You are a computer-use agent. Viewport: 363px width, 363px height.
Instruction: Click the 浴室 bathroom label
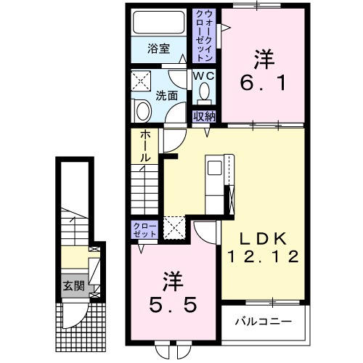[158, 49]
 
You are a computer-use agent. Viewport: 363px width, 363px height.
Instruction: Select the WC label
[203, 75]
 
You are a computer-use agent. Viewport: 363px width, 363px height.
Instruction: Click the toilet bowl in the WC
[204, 91]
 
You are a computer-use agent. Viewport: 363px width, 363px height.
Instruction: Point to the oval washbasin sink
[142, 111]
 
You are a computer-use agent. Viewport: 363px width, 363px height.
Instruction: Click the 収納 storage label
[203, 116]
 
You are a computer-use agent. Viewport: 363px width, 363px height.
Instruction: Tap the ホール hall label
[144, 145]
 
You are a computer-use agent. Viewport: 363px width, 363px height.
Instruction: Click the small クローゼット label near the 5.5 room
[142, 231]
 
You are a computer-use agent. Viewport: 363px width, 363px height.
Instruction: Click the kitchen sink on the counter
[216, 168]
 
